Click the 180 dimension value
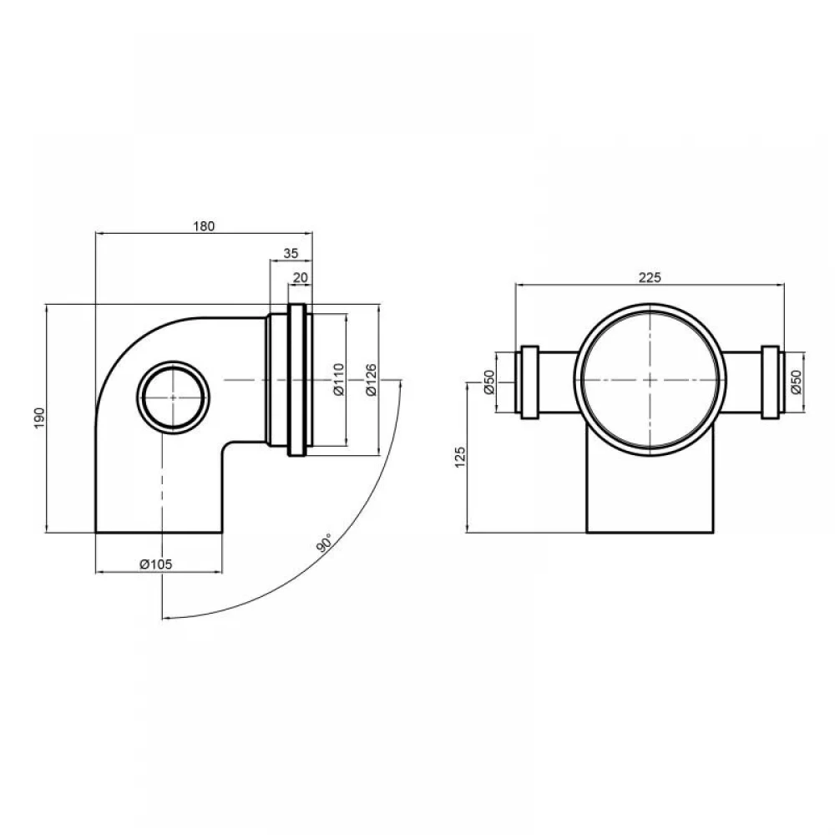pyautogui.click(x=204, y=225)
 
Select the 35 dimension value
pyautogui.click(x=291, y=253)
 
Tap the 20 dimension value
pyautogui.click(x=301, y=277)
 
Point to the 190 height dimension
pyautogui.click(x=40, y=418)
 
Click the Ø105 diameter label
pyautogui.click(x=156, y=564)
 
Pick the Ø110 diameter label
pyautogui.click(x=339, y=379)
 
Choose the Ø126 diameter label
pyautogui.click(x=372, y=379)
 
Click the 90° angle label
pyautogui.click(x=323, y=542)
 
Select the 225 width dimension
pyautogui.click(x=650, y=277)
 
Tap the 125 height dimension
pyautogui.click(x=461, y=457)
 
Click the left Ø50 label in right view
pyautogui.click(x=489, y=382)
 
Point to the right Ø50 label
pyautogui.click(x=796, y=382)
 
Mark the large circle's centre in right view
pyautogui.click(x=650, y=380)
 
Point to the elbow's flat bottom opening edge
pyautogui.click(x=159, y=532)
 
